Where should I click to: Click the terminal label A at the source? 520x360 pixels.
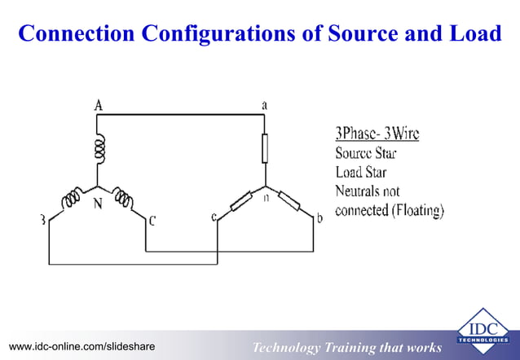coord(98,105)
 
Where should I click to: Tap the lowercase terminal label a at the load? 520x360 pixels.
coord(264,106)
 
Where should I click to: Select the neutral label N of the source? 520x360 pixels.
coord(97,204)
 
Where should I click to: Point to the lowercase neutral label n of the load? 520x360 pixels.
coord(267,199)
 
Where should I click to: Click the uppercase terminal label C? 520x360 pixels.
coord(152,220)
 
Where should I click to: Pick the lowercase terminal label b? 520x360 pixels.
coord(319,219)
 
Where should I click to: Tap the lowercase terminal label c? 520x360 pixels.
coord(214,217)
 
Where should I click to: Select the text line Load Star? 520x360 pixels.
coord(361,172)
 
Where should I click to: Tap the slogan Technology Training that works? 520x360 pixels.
coord(347,348)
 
